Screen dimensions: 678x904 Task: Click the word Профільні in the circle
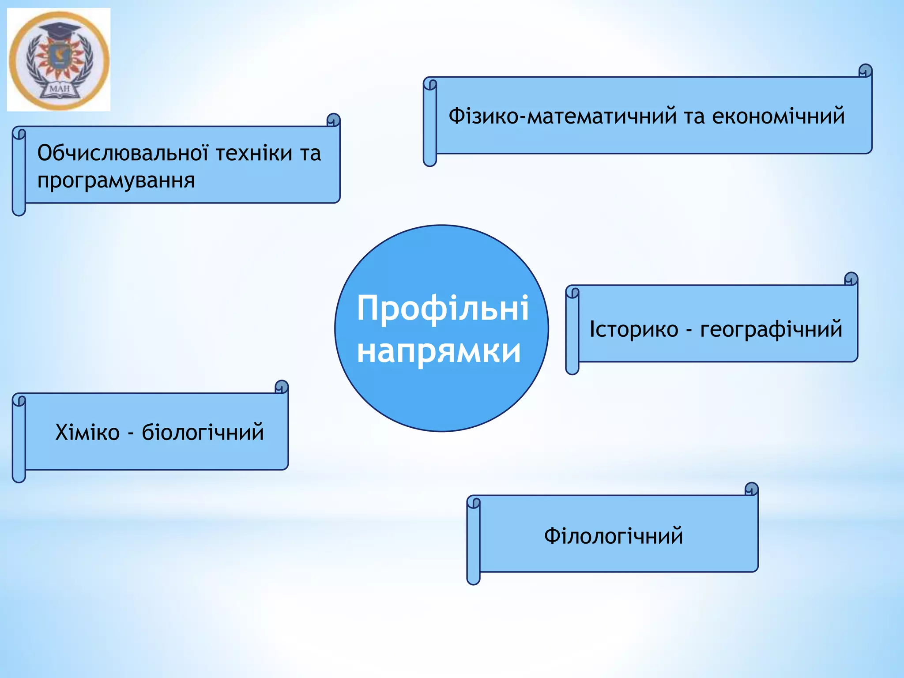[x=443, y=309]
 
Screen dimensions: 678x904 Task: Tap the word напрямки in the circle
[x=439, y=351]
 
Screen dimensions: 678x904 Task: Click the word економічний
[x=778, y=116]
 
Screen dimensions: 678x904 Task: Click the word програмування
[x=116, y=181]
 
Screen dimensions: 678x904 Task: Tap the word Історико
[x=634, y=329]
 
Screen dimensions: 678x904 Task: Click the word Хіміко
[x=87, y=432]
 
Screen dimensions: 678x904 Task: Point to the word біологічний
[x=203, y=433]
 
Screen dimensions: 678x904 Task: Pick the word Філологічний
[x=614, y=536]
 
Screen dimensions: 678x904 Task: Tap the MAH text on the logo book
[x=60, y=89]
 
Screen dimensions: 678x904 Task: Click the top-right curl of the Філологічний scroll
[x=751, y=489]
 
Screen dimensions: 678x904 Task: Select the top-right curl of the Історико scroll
[x=851, y=279]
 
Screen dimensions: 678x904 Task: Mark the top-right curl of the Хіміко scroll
[x=282, y=387]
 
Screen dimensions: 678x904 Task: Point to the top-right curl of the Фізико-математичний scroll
[x=866, y=71]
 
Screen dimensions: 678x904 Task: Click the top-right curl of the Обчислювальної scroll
[x=333, y=120]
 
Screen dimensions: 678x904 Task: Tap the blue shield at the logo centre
[x=59, y=57]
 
